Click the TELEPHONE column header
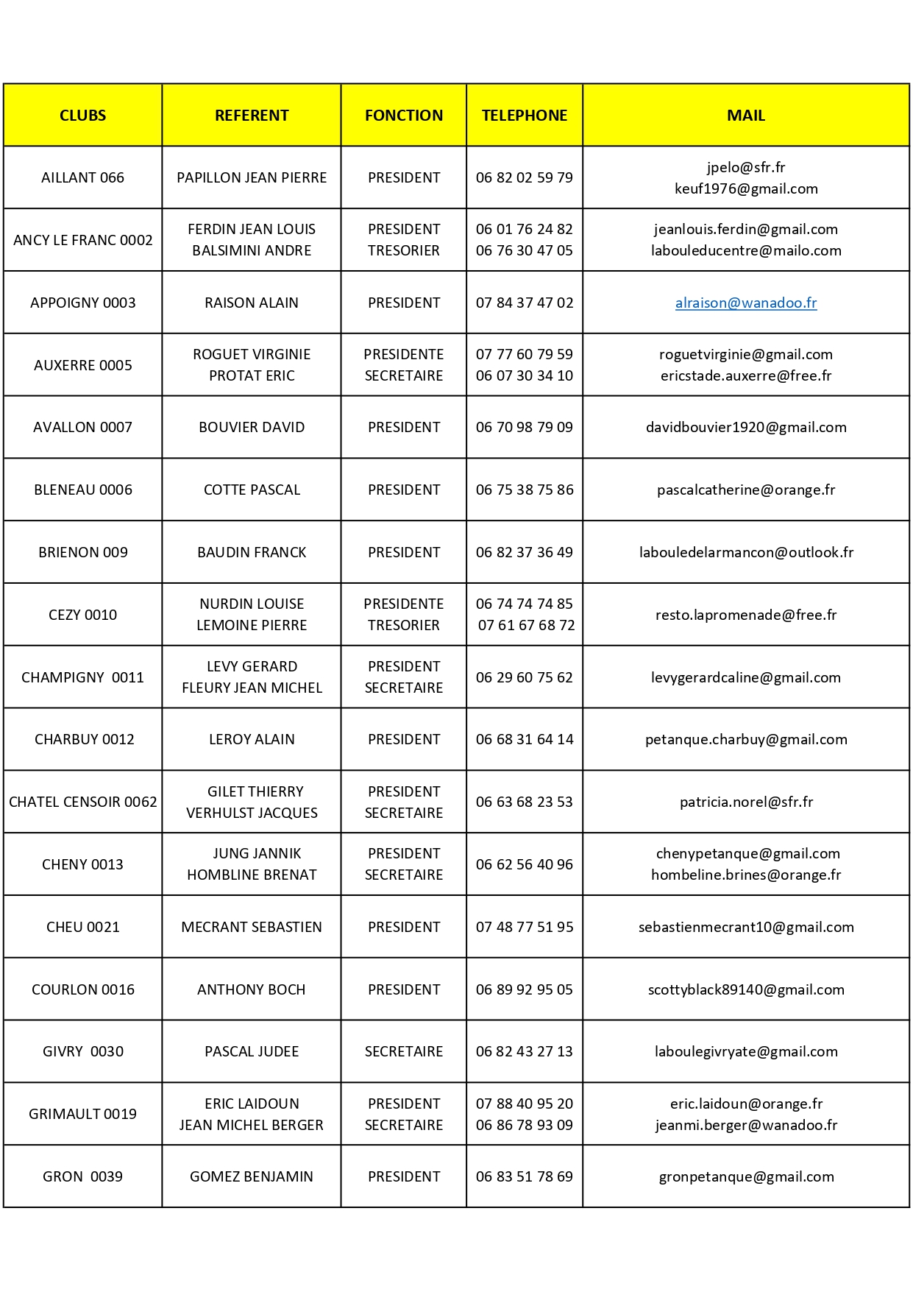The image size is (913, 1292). [x=524, y=116]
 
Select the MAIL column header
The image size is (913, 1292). [x=745, y=116]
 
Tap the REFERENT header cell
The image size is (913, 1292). [x=252, y=116]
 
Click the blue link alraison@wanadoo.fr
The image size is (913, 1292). [x=745, y=303]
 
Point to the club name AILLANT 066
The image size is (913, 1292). [x=82, y=177]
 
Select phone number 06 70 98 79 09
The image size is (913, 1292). [x=524, y=427]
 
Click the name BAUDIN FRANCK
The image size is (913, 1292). [x=252, y=552]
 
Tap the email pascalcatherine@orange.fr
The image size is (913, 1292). [x=745, y=490]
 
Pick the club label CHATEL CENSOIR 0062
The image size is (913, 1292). [x=82, y=802]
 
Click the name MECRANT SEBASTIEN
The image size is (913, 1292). [x=252, y=927]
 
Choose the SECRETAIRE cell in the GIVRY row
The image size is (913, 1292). [x=404, y=1051]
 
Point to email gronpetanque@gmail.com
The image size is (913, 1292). [x=746, y=1176]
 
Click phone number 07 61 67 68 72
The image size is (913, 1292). [x=526, y=625]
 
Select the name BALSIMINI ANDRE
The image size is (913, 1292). [x=252, y=250]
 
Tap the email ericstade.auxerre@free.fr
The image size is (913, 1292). [x=745, y=375]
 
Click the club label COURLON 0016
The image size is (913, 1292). [x=82, y=989]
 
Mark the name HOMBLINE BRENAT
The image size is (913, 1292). [x=252, y=875]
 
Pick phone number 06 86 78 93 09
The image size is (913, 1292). [x=524, y=1125]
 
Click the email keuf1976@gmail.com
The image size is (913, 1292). [x=745, y=188]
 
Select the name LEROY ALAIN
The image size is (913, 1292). [x=252, y=739]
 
